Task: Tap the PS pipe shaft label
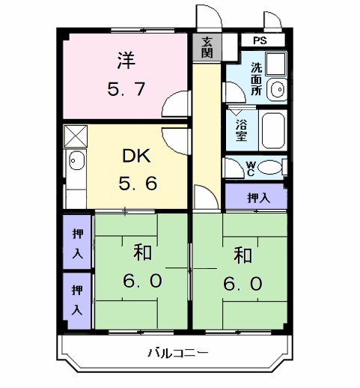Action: point(259,40)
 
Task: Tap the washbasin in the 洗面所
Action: point(276,88)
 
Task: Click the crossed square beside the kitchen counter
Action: point(76,137)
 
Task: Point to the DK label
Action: point(137,157)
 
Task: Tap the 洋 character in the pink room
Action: point(125,58)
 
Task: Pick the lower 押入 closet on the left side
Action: point(77,300)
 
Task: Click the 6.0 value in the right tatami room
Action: point(242,283)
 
